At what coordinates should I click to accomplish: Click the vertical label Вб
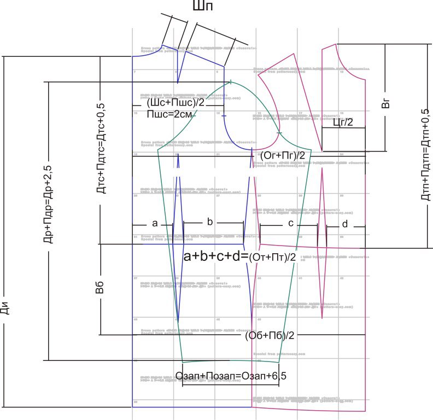point(100,288)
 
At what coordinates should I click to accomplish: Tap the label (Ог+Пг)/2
point(282,156)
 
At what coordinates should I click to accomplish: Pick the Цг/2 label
point(343,124)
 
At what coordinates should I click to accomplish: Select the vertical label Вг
point(385,104)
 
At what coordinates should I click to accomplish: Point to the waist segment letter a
point(154,223)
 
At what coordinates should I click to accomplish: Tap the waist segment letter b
point(210,221)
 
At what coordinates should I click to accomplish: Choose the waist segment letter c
point(290,223)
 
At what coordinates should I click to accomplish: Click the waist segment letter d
point(344,224)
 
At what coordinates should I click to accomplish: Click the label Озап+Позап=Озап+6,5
point(231,376)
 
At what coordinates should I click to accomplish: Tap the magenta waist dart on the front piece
point(321,230)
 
